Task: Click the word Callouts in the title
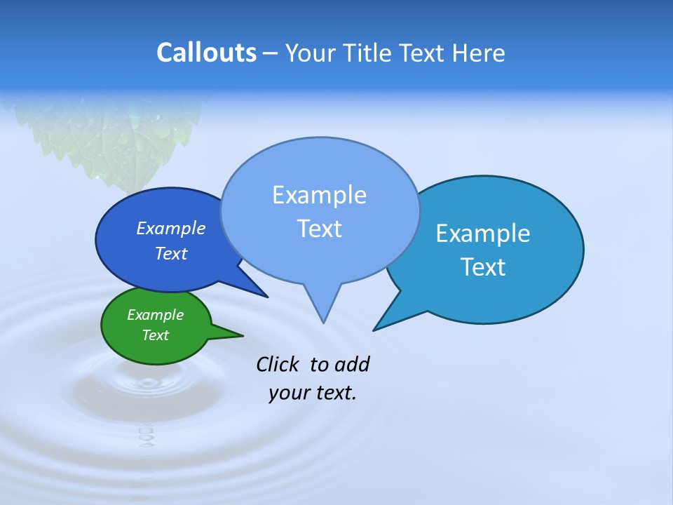click(206, 53)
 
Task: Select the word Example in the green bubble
click(155, 315)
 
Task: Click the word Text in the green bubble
click(155, 335)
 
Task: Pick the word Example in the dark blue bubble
click(170, 228)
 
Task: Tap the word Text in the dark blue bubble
click(170, 253)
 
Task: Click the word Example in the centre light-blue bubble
click(319, 195)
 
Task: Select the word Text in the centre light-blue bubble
click(319, 229)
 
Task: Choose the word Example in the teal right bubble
click(482, 234)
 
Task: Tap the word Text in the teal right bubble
click(482, 267)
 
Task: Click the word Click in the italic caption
click(277, 364)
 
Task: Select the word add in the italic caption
click(352, 364)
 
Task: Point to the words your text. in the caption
click(313, 393)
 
